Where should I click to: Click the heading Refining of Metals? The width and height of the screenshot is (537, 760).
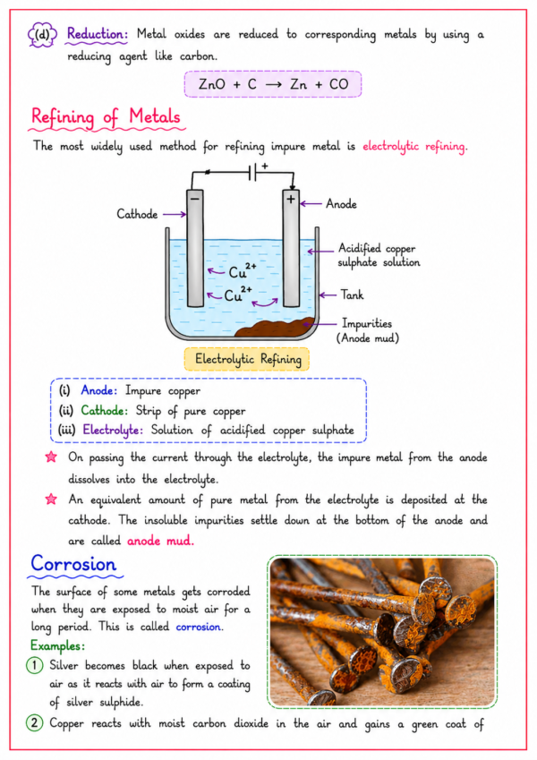(106, 117)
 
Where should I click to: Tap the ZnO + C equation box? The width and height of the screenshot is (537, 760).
(273, 84)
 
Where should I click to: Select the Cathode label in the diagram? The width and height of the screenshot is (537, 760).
(137, 214)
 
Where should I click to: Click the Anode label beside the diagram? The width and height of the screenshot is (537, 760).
(341, 203)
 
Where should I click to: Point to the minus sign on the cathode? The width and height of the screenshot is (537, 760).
(195, 198)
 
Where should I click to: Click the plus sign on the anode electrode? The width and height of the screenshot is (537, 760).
(290, 199)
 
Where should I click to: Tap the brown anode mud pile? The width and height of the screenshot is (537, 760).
(275, 328)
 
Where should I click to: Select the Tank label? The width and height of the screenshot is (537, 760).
(352, 295)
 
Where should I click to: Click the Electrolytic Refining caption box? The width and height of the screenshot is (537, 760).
(247, 359)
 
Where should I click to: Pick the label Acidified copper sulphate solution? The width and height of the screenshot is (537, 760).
(379, 255)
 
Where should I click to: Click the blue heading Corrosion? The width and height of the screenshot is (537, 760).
(73, 564)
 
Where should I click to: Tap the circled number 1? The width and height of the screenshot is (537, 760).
(34, 665)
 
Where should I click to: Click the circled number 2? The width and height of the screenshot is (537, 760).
(34, 723)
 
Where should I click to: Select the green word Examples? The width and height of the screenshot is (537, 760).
(57, 645)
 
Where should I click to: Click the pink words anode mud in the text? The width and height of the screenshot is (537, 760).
(160, 541)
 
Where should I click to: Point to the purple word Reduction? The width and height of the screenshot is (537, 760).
(97, 34)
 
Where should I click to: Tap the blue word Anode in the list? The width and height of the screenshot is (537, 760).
(98, 390)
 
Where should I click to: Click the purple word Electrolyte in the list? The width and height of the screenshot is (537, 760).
(113, 431)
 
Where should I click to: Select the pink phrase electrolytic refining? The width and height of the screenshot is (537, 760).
(415, 147)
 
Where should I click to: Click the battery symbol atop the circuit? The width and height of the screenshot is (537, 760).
(252, 173)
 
